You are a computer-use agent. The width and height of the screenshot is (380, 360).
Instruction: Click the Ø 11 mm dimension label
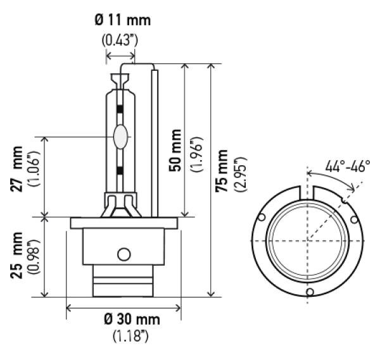pyautogui.click(x=123, y=20)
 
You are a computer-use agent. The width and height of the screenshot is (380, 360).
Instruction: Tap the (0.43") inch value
pyautogui.click(x=120, y=40)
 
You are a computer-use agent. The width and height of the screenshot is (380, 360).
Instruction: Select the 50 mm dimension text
pyautogui.click(x=175, y=151)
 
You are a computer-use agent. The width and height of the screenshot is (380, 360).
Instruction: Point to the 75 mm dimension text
pyautogui.click(x=222, y=171)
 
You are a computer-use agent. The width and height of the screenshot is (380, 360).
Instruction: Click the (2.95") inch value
pyautogui.click(x=241, y=175)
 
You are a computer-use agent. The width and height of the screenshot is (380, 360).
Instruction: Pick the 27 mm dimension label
pyautogui.click(x=16, y=169)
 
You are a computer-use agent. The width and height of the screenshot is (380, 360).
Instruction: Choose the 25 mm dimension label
pyautogui.click(x=16, y=255)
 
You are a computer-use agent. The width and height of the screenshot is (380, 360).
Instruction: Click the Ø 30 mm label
pyautogui.click(x=132, y=320)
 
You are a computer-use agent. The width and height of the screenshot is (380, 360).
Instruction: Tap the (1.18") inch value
pyautogui.click(x=130, y=336)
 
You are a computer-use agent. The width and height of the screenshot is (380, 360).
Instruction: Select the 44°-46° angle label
pyautogui.click(x=348, y=166)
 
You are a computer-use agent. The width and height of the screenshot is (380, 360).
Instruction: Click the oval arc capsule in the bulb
pyautogui.click(x=120, y=137)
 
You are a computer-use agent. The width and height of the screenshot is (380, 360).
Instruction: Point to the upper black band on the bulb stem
pyautogui.click(x=120, y=109)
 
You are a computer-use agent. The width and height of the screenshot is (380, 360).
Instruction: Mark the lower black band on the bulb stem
pyautogui.click(x=120, y=171)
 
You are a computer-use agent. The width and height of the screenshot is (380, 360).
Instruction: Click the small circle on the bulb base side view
pyautogui.click(x=124, y=254)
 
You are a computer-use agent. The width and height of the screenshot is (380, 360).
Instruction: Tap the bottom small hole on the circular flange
pyautogui.click(x=310, y=292)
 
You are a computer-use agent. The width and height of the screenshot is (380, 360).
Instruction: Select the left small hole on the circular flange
pyautogui.click(x=262, y=217)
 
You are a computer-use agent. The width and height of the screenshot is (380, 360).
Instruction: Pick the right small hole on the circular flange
pyautogui.click(x=354, y=220)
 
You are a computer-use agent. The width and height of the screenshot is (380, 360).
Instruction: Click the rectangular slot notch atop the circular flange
pyautogui.click(x=307, y=193)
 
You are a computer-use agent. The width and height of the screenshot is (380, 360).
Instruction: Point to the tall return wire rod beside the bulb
pyautogui.click(x=155, y=144)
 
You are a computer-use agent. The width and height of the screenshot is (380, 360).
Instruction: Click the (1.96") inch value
pyautogui.click(x=196, y=155)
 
